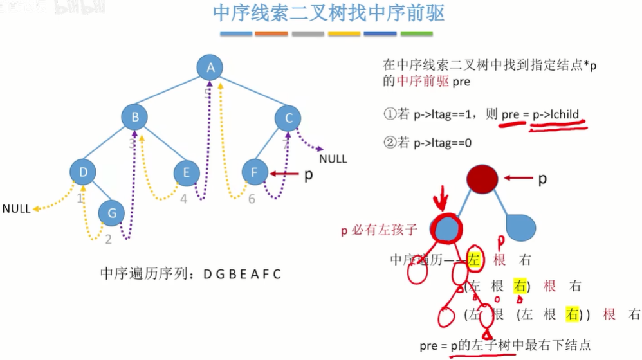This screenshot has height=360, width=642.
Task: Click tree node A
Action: [x=210, y=67]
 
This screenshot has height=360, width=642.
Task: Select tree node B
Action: [x=135, y=117]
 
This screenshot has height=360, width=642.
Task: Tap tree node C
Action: [x=289, y=118]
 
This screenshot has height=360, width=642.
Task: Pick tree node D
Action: [x=83, y=172]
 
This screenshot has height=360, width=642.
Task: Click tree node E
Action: [x=187, y=172]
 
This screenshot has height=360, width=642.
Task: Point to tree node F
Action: [x=255, y=172]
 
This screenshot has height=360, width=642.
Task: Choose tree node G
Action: [x=111, y=213]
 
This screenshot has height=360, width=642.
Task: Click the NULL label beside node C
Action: [x=333, y=159]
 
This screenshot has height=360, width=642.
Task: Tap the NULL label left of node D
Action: [x=16, y=209]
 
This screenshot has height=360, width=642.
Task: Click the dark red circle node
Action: [x=482, y=179]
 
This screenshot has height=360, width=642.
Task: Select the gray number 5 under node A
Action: [x=207, y=94]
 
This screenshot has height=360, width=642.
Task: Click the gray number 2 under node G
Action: [x=108, y=239]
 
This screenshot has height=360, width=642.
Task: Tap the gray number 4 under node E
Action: [x=183, y=199]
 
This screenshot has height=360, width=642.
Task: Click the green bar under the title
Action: [x=416, y=33]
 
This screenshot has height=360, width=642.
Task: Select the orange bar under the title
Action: [x=271, y=33]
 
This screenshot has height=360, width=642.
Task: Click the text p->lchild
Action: [x=556, y=114]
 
